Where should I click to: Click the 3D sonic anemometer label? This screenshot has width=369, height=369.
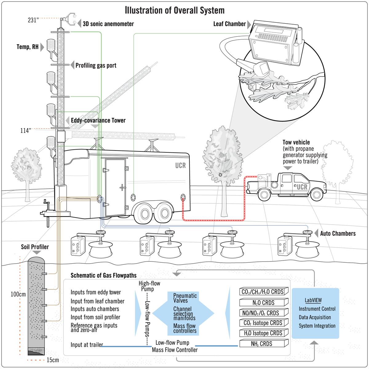(108, 24)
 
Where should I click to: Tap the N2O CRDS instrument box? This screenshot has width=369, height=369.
(264, 303)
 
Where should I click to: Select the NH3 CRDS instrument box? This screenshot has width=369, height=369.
(262, 344)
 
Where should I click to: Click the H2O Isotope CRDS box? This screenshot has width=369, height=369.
(263, 333)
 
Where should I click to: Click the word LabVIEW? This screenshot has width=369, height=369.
(313, 300)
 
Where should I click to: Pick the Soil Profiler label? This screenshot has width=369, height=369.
(35, 247)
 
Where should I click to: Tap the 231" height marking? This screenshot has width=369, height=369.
(33, 21)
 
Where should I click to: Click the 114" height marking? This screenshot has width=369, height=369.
(26, 131)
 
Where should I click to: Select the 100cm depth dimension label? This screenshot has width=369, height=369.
(18, 294)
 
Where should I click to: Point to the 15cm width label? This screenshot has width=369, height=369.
(53, 360)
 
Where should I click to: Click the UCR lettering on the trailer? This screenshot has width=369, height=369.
(181, 166)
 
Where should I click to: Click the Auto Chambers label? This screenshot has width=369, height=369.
(338, 234)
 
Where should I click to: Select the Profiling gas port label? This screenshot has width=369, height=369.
(96, 65)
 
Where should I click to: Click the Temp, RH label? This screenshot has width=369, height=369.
(27, 47)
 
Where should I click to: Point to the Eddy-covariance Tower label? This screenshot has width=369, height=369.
(98, 120)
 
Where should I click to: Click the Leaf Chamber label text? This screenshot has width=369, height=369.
(229, 24)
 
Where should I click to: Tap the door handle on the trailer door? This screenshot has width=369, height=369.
(123, 187)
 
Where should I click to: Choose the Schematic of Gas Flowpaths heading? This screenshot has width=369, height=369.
(104, 276)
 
